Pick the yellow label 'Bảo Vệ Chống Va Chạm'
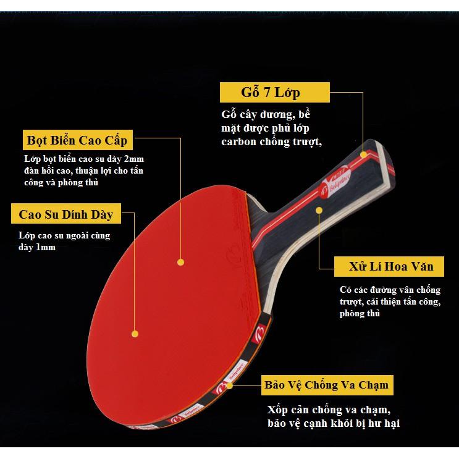pos(326,385)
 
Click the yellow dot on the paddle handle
pos(319,211)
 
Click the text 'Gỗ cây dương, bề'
pos(264,116)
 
